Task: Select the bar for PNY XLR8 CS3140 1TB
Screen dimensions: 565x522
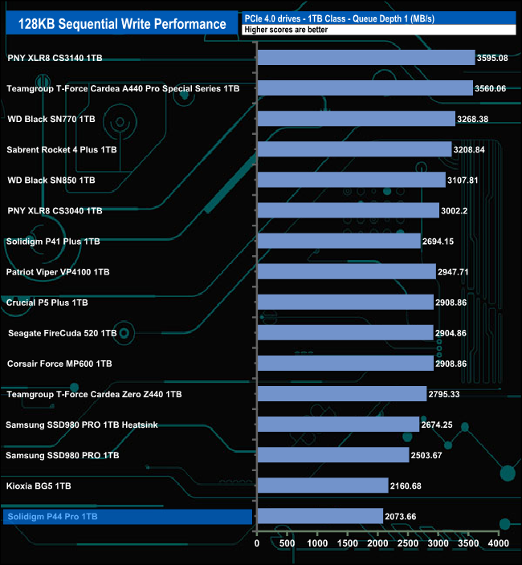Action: (x=366, y=58)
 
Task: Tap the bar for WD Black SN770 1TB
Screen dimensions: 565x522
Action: (x=357, y=119)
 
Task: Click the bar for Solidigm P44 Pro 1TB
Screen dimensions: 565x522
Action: (x=320, y=516)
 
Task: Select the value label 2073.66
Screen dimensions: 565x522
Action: (x=407, y=516)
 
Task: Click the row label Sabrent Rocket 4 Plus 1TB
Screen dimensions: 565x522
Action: (x=62, y=149)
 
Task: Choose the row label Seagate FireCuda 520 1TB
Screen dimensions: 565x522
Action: (x=63, y=333)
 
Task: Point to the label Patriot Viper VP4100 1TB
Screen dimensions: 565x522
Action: (x=58, y=272)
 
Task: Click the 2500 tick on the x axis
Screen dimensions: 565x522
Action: (x=409, y=543)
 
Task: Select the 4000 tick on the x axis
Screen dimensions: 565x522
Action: (x=499, y=543)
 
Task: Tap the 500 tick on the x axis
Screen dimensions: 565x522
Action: (x=288, y=543)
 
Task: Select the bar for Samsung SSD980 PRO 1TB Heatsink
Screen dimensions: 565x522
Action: (x=338, y=425)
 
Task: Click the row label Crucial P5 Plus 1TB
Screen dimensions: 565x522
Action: (x=47, y=303)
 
